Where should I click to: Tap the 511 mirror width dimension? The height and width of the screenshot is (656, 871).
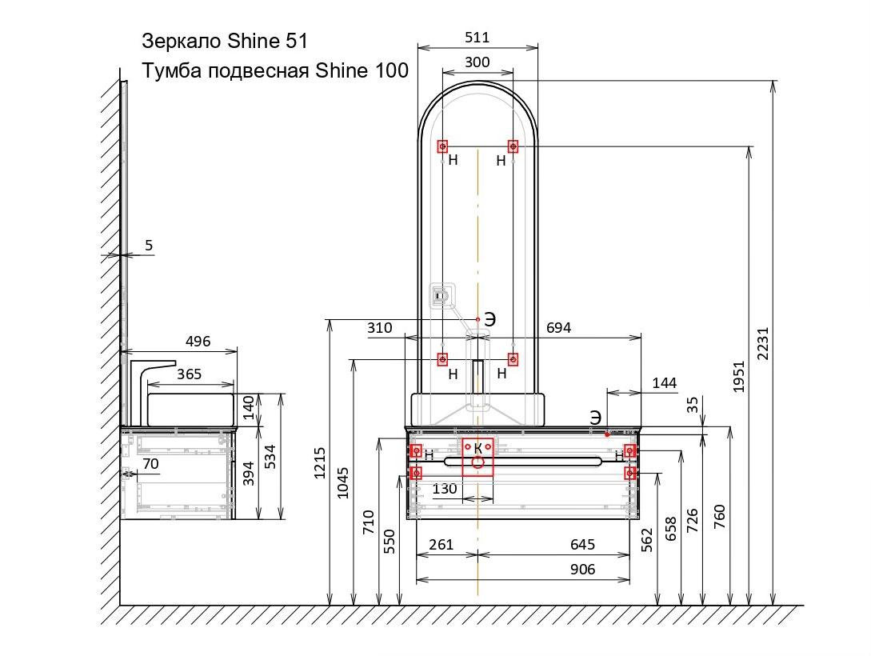(x=477, y=37)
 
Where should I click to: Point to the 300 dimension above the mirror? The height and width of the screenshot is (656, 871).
(x=477, y=62)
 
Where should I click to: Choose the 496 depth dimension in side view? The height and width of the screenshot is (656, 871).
(x=198, y=342)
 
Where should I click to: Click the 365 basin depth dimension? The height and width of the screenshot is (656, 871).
(x=190, y=374)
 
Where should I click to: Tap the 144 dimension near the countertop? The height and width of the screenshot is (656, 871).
(x=664, y=383)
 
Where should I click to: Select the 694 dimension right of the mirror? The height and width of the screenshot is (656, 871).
(x=558, y=328)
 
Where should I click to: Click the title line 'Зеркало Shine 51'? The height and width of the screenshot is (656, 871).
(x=224, y=41)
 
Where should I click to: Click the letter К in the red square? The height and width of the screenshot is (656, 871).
(x=477, y=449)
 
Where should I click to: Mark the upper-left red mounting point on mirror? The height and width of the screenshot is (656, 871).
(x=442, y=146)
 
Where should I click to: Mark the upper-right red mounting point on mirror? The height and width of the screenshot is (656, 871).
(x=513, y=146)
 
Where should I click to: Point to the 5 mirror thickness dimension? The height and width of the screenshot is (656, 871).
(x=149, y=246)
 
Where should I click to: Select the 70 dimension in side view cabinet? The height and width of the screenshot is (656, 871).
(x=150, y=463)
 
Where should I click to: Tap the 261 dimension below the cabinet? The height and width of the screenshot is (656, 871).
(x=441, y=545)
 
